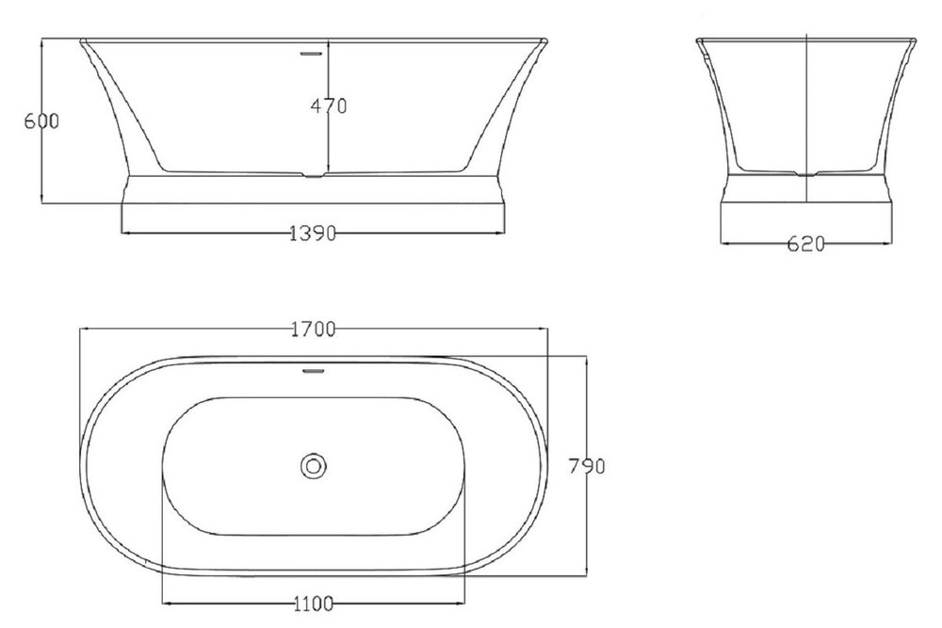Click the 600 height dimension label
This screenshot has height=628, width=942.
[x=41, y=121]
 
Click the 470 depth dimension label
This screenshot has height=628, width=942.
[x=329, y=105]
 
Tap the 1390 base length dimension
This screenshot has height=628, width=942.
[x=313, y=233]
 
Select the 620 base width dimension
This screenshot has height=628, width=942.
[x=805, y=244]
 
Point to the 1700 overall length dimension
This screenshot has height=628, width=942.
[x=313, y=329]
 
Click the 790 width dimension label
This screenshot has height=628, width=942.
[x=587, y=466]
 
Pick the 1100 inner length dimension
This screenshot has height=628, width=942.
[x=313, y=603]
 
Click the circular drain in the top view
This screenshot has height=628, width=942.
[x=313, y=466]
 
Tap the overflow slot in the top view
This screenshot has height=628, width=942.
[x=313, y=371]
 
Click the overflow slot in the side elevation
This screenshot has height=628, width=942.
[x=311, y=54]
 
